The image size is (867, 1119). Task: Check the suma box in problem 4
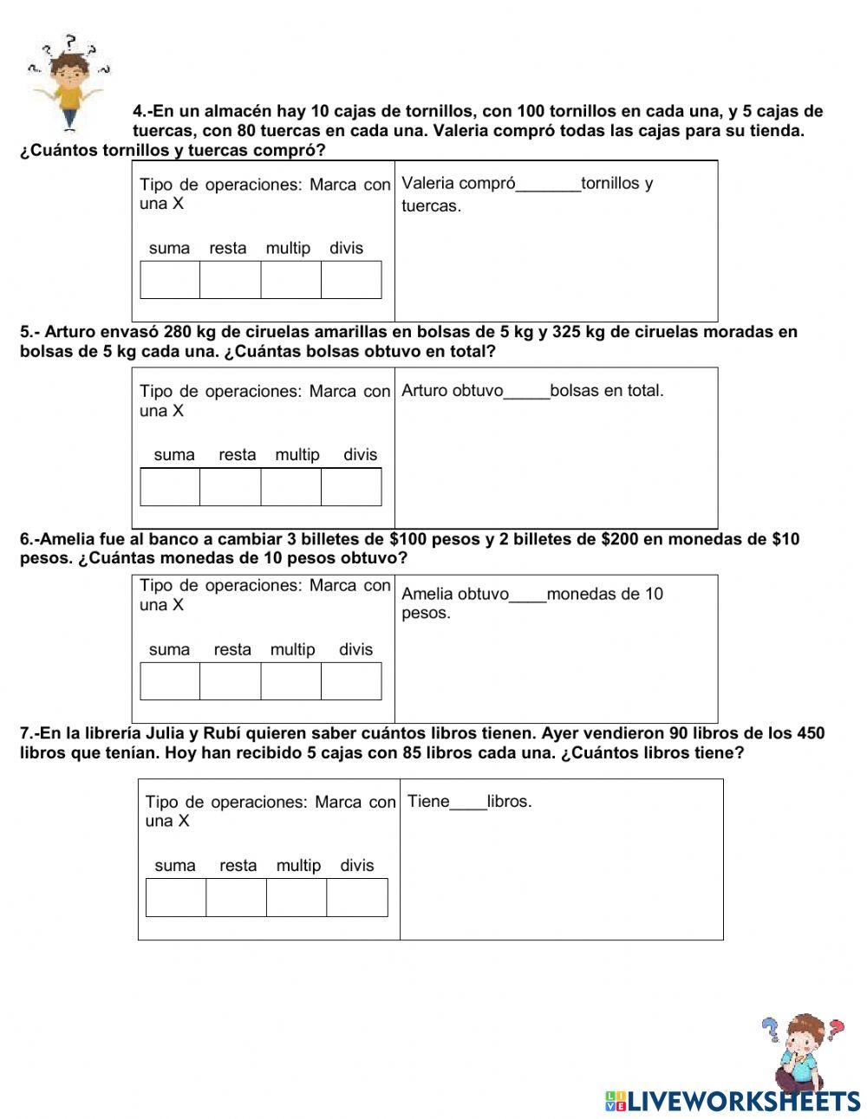(x=170, y=280)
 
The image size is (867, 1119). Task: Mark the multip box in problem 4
(x=290, y=280)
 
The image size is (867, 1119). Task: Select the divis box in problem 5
(x=351, y=487)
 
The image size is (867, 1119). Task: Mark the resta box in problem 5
(x=230, y=487)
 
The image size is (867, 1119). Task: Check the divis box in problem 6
(x=351, y=681)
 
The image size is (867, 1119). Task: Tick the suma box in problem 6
(x=170, y=681)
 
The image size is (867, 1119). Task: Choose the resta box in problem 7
(x=236, y=898)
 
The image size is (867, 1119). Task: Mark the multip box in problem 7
(x=297, y=898)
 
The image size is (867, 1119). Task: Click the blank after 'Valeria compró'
(x=548, y=184)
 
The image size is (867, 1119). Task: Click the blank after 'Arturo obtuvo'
(x=526, y=391)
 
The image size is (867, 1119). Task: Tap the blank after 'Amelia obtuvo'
(x=528, y=595)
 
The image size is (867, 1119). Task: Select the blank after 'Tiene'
(x=468, y=802)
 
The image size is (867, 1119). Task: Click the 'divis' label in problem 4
(x=346, y=249)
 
